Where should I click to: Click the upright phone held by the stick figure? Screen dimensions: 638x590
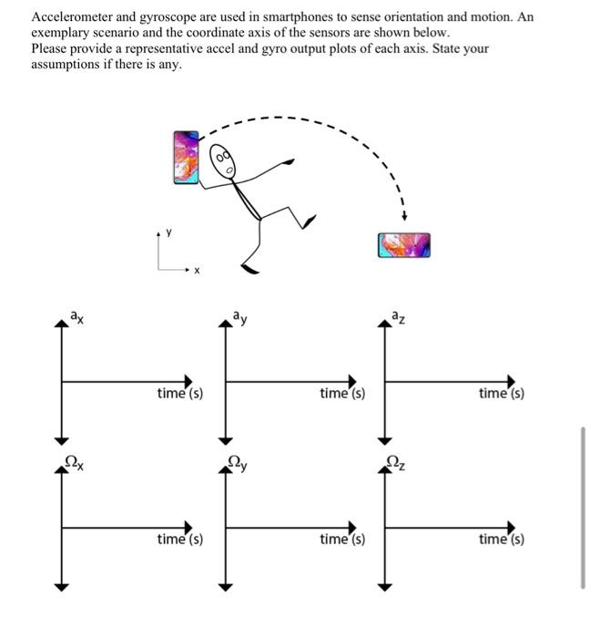(x=187, y=159)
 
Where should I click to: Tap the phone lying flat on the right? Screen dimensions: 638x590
(x=402, y=243)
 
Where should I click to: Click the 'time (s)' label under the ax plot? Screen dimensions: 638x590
(x=179, y=393)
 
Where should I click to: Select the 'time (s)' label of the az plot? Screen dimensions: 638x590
(x=502, y=393)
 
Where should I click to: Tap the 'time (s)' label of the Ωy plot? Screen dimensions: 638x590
(x=342, y=540)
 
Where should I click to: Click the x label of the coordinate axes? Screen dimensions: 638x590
(x=196, y=271)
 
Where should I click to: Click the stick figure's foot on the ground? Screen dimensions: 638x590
(x=249, y=266)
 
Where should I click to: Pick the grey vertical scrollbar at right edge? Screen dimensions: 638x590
(x=580, y=505)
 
